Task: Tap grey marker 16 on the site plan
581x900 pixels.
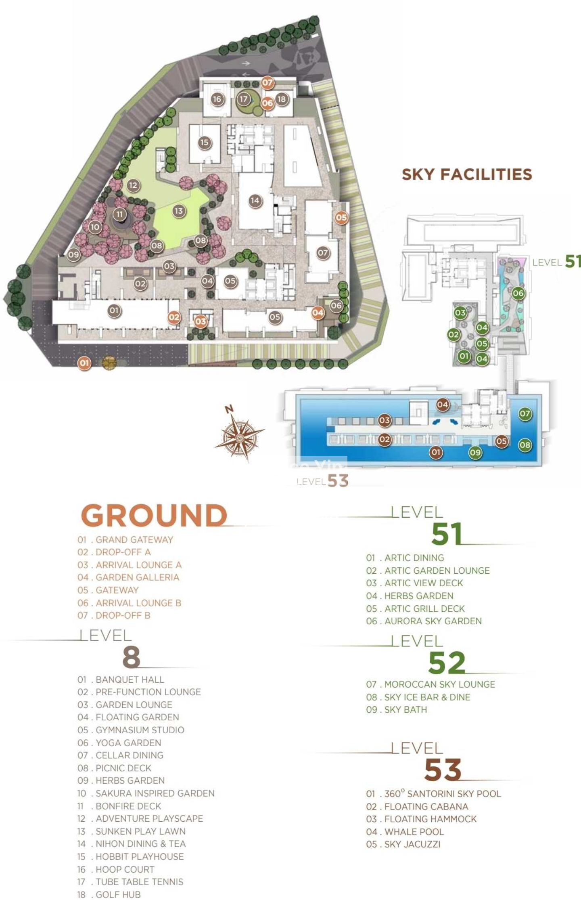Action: tap(217, 99)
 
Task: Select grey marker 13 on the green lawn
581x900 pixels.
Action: tap(179, 210)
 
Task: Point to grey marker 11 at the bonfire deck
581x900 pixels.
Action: tap(119, 214)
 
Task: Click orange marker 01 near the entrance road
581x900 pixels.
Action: tap(84, 363)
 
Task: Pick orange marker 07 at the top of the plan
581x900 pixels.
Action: tap(267, 83)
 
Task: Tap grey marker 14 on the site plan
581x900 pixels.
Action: tap(255, 200)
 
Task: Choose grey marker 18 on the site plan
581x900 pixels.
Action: tap(281, 99)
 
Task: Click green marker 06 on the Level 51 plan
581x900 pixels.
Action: tap(518, 293)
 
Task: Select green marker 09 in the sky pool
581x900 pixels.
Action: tap(475, 453)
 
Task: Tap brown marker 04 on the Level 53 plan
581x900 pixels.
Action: tap(442, 404)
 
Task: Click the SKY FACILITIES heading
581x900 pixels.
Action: tap(467, 174)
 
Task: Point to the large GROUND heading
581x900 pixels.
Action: tap(154, 516)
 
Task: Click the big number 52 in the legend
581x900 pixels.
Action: tap(447, 663)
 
